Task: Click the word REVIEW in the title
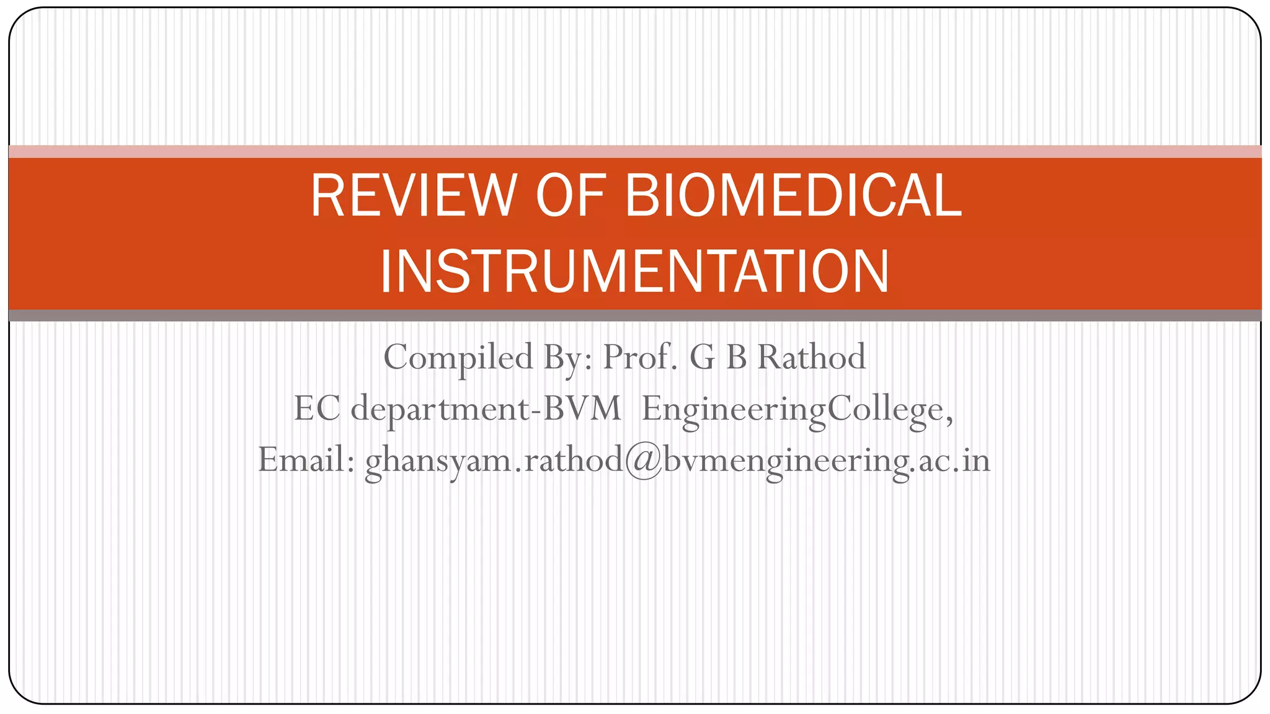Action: click(413, 196)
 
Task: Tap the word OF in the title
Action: click(570, 196)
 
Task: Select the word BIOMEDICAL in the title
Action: click(793, 196)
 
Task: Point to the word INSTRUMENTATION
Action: click(634, 271)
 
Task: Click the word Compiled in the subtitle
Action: click(458, 358)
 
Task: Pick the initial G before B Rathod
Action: click(702, 358)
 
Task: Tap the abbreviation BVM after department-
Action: click(582, 409)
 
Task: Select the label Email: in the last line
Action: click(306, 460)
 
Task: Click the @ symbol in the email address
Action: click(643, 461)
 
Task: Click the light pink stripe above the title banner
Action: click(634, 151)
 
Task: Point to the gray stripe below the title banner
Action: click(634, 315)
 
